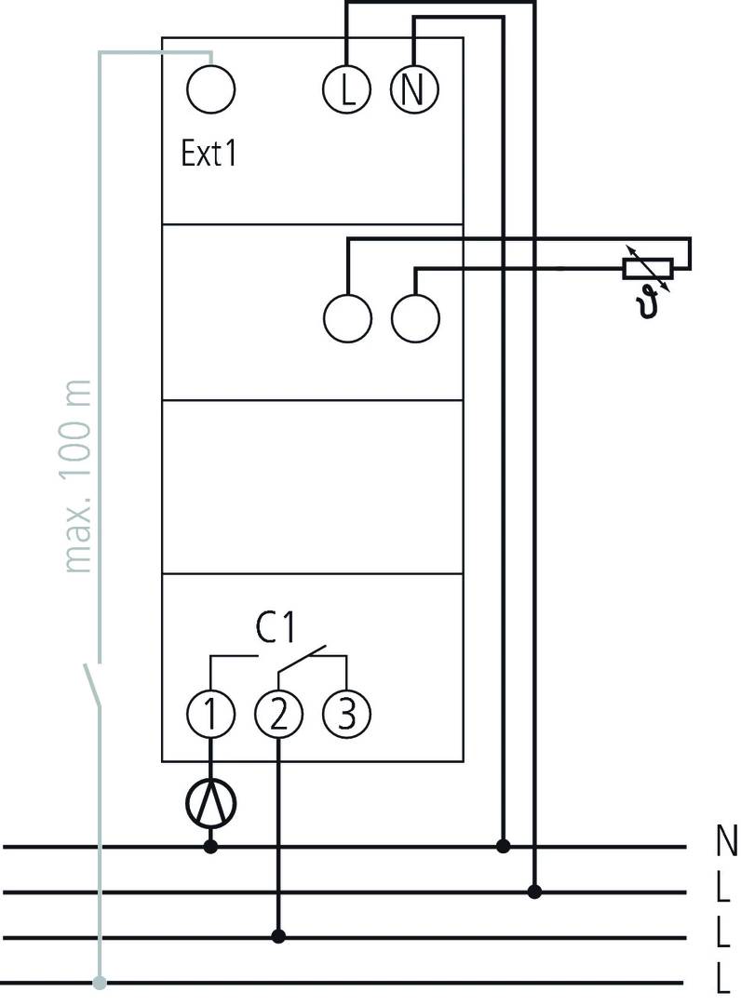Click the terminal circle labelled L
346,90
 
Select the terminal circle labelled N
414,90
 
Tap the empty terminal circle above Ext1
210,90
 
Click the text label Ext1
209,154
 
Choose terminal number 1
210,715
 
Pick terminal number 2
278,715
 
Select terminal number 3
346,715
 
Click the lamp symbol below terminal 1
211,802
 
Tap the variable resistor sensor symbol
646,268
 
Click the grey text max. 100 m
80,476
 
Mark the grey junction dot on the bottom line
100,981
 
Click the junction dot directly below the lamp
211,847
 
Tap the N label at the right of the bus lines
726,841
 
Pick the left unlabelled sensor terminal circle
346,320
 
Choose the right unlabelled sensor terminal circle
414,320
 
